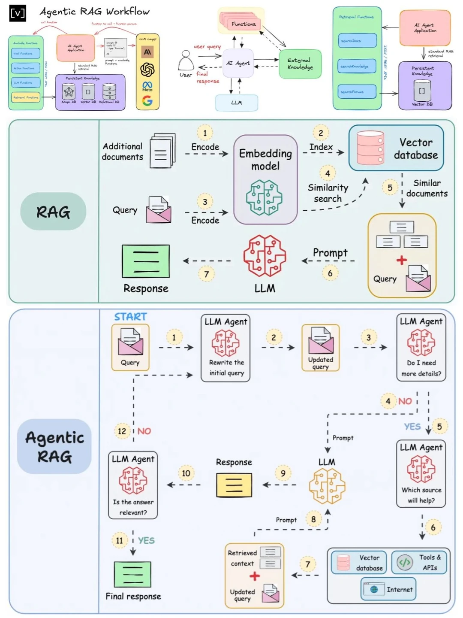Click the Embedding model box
[265, 179]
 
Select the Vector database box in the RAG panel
[396, 148]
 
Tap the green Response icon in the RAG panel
[146, 261]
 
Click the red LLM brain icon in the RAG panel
[265, 256]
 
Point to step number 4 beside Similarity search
[328, 173]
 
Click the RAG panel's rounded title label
[53, 212]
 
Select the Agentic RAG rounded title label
[54, 446]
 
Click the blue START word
[130, 317]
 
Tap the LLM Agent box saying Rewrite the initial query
[226, 348]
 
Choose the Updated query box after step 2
[321, 348]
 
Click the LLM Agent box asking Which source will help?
[421, 473]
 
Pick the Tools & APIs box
[419, 562]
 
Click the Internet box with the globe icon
[388, 590]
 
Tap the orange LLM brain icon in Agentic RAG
[327, 486]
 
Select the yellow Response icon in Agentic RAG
[234, 485]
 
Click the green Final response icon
[132, 574]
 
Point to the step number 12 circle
[122, 431]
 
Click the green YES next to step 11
[146, 541]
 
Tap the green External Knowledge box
[300, 64]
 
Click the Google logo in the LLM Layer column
[147, 101]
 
